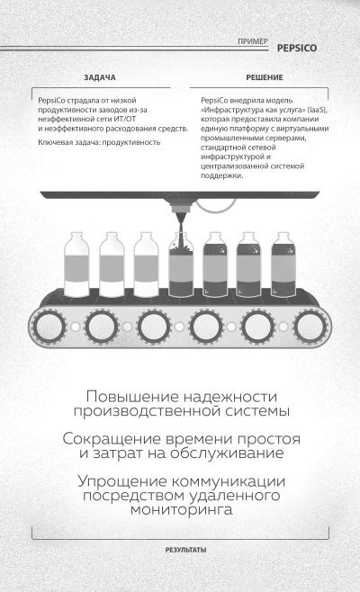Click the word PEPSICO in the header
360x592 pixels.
click(x=298, y=42)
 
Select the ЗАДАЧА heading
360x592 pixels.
click(x=99, y=78)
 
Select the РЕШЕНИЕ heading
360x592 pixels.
click(x=258, y=78)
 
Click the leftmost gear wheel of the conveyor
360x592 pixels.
click(x=49, y=320)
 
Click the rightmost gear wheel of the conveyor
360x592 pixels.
click(x=309, y=320)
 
